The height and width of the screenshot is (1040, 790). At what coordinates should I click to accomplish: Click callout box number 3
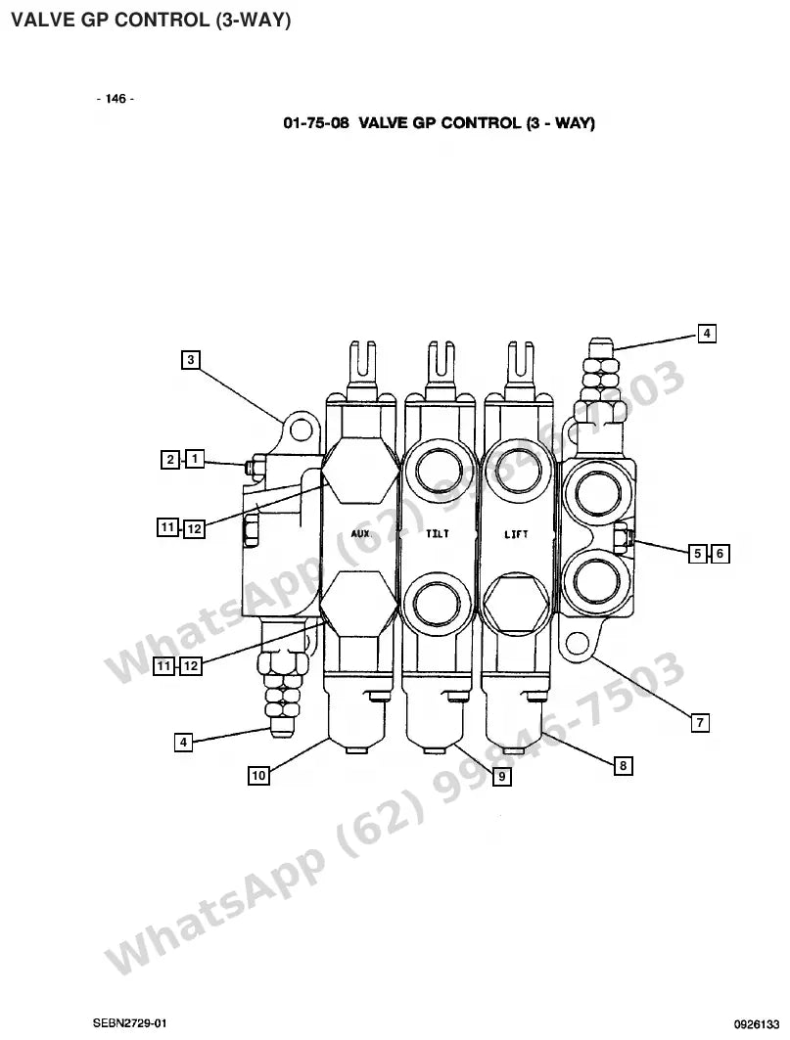[191, 360]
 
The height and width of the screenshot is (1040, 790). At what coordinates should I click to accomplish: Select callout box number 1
[195, 458]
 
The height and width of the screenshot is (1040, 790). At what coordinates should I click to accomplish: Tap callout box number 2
[170, 459]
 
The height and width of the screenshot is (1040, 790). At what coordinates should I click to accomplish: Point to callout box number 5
[697, 553]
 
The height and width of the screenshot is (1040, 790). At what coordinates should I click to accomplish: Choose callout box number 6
[720, 553]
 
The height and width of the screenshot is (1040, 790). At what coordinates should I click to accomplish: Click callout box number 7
[700, 722]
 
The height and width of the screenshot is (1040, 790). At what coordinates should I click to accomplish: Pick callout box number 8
[623, 766]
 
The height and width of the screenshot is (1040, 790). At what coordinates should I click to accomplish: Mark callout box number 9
[502, 776]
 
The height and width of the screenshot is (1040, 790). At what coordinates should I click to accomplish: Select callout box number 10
[258, 775]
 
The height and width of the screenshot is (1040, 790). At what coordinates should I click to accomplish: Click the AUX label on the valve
[360, 533]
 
